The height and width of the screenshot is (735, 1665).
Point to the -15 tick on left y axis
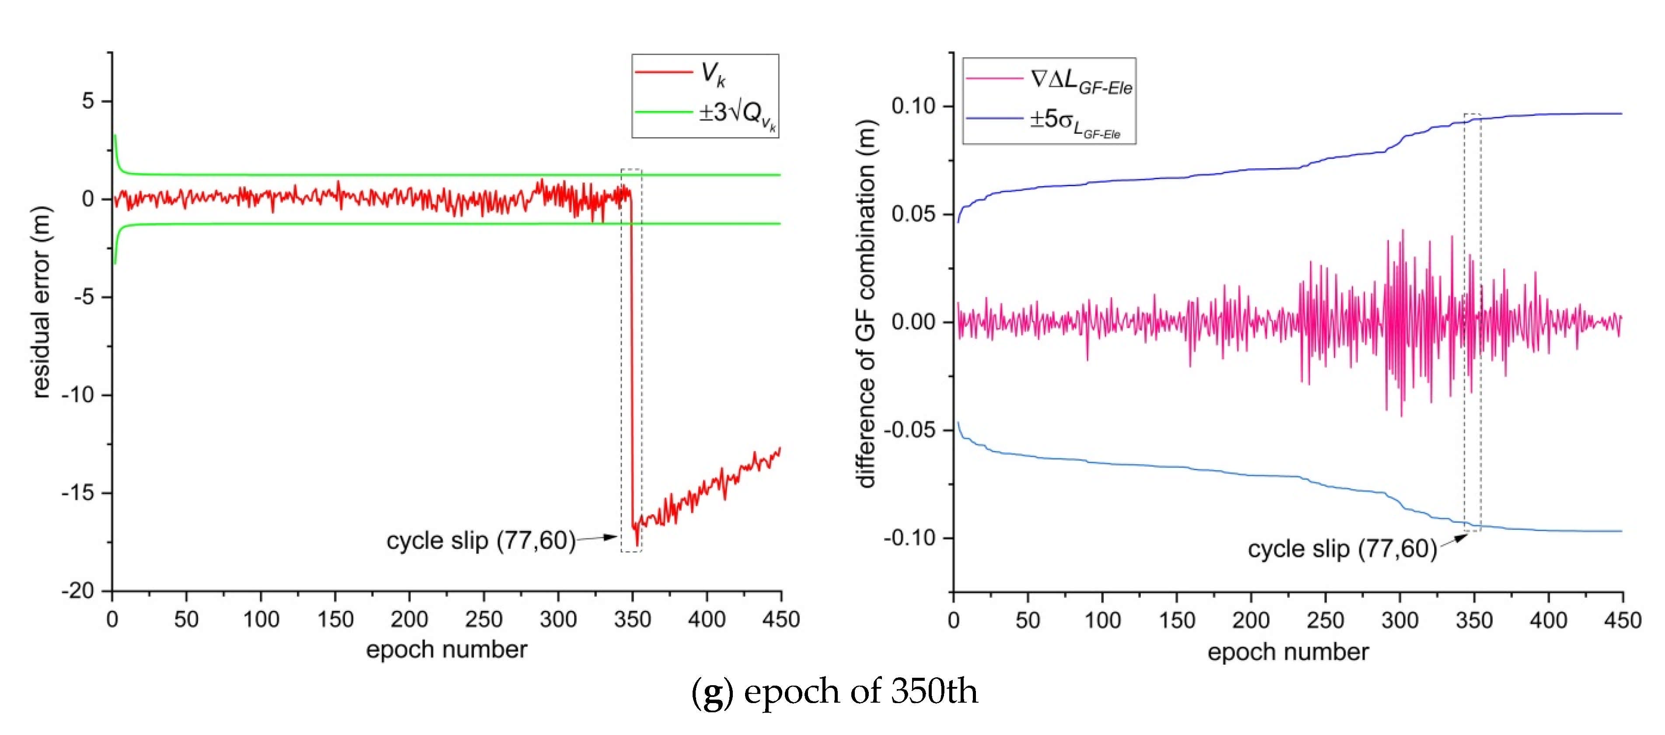click(78, 493)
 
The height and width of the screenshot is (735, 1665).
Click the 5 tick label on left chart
click(88, 101)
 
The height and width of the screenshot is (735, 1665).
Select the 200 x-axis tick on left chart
click(409, 619)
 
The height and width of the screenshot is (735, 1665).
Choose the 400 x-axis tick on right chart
click(1548, 621)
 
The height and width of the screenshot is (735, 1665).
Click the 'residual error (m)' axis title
click(40, 302)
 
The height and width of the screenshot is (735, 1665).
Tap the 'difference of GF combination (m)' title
click(866, 304)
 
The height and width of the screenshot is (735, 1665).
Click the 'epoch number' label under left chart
click(446, 649)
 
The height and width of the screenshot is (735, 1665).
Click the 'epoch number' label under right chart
click(1288, 652)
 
